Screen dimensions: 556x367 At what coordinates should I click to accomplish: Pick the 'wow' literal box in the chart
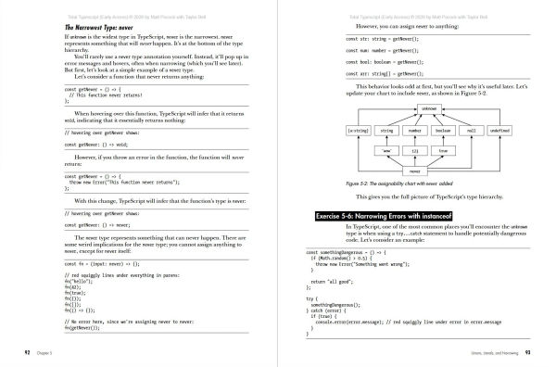[385, 149]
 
